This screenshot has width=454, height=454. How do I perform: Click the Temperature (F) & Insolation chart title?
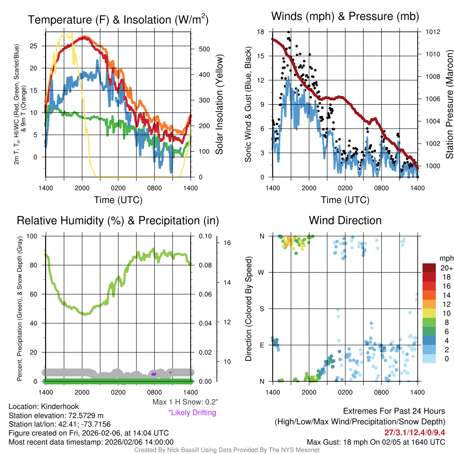pos(118,20)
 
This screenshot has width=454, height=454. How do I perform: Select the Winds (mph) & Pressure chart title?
pos(345,16)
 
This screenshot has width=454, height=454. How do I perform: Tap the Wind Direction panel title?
pos(345,220)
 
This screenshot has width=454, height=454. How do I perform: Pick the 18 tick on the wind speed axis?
pos(261,32)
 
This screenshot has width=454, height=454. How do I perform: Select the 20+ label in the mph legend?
pos(446,268)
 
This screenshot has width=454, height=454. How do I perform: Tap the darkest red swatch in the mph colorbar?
pos(429,268)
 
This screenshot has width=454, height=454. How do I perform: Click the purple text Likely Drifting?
pos(192,412)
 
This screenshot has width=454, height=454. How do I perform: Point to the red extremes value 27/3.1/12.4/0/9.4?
pos(415,432)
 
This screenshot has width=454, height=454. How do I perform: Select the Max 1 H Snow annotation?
pos(185,402)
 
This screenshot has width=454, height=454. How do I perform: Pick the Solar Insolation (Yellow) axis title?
pos(219,105)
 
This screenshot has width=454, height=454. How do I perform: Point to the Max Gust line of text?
pos(376,442)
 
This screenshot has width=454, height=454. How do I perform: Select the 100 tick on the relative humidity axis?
pos(32,236)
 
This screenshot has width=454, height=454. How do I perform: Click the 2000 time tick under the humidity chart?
pos(82,392)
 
